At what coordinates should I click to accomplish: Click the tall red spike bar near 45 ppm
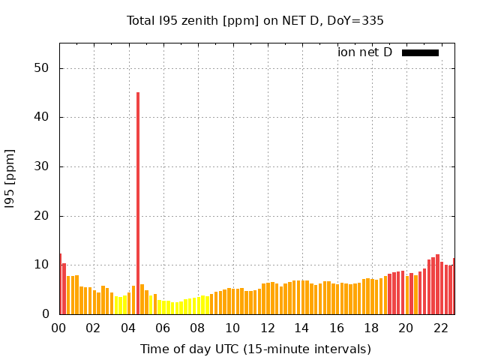click(x=138, y=202)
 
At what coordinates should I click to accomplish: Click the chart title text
click(x=255, y=20)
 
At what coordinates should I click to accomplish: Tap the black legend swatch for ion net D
click(x=420, y=52)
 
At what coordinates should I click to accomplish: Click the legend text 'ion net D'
click(x=365, y=52)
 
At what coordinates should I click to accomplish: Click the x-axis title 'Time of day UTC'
click(x=255, y=349)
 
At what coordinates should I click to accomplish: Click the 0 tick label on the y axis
click(x=46, y=314)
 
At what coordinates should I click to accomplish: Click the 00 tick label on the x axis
click(x=59, y=328)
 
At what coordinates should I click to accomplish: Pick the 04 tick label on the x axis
click(x=129, y=328)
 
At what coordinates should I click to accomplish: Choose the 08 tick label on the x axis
click(x=198, y=328)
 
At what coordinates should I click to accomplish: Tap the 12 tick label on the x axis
click(x=268, y=328)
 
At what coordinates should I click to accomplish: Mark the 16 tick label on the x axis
click(x=337, y=328)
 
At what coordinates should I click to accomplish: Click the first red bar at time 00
click(x=61, y=285)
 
